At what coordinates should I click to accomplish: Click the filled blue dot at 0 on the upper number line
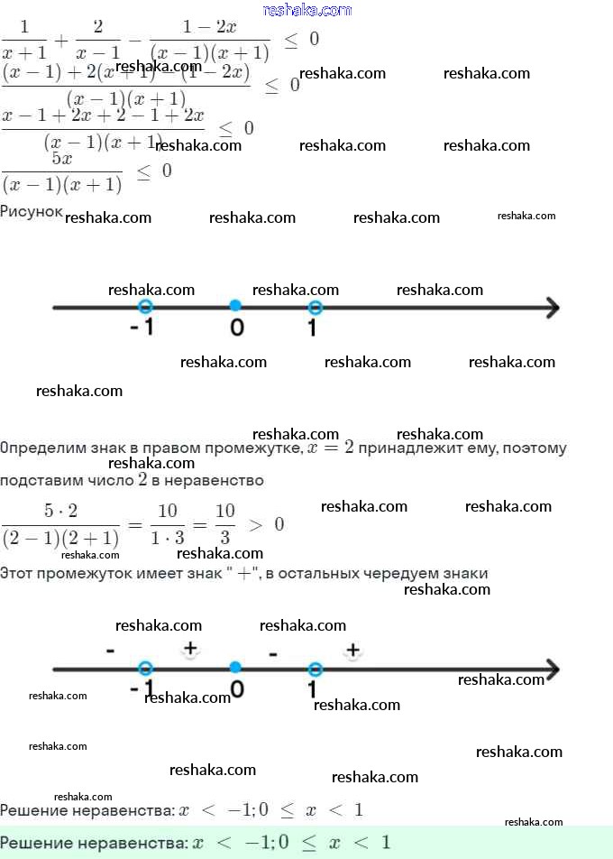click(x=235, y=306)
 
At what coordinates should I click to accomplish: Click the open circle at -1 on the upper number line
click(x=146, y=307)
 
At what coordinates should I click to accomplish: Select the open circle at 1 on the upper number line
click(x=315, y=307)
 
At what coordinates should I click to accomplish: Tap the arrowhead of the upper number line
click(x=552, y=308)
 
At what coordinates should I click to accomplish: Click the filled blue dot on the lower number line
click(x=235, y=668)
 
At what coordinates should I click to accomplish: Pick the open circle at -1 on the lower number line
click(x=146, y=669)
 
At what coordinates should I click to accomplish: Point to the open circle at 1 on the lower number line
click(x=315, y=669)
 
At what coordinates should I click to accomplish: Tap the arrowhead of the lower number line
click(x=552, y=670)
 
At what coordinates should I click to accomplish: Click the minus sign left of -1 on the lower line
click(x=110, y=650)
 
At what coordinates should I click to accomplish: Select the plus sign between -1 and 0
click(x=190, y=648)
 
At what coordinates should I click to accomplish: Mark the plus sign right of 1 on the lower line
click(x=352, y=649)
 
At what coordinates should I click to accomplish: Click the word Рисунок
click(x=32, y=210)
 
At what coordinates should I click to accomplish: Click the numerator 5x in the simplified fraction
click(x=62, y=159)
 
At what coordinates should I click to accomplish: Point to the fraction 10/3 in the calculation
click(x=225, y=524)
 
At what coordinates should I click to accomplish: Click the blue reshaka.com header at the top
click(x=307, y=10)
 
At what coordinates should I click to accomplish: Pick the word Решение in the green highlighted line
click(x=36, y=843)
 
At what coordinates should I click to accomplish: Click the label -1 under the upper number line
click(x=142, y=328)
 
